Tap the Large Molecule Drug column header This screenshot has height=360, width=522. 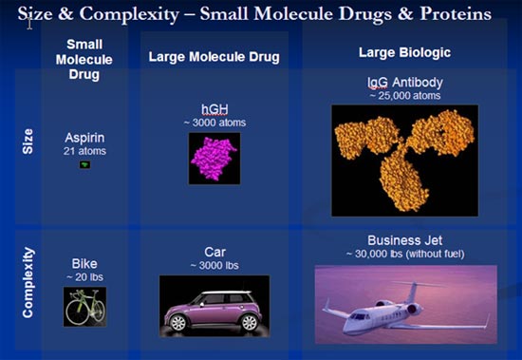click(214, 57)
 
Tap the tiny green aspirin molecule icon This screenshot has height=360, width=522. click(84, 164)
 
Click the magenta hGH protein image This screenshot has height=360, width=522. click(214, 159)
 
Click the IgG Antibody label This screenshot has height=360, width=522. click(405, 83)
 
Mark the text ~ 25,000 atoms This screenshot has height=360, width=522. click(404, 95)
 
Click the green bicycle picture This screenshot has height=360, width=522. click(84, 307)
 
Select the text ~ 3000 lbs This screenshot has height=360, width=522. click(214, 266)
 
